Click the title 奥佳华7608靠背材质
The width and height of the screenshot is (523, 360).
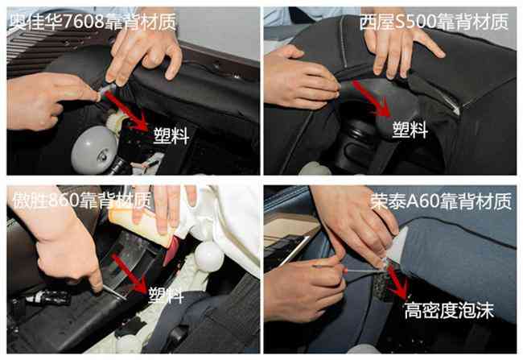pos(93,23)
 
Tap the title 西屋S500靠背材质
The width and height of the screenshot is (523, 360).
pos(434,22)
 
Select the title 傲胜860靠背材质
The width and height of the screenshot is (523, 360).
pos(82,201)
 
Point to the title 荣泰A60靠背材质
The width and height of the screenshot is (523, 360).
pos(441,201)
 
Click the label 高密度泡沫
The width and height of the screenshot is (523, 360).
pos(449,311)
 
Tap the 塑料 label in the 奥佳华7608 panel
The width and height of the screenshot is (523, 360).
pos(171,135)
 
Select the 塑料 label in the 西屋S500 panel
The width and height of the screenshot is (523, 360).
pos(410,130)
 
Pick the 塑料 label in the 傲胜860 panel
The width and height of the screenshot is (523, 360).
pos(166,296)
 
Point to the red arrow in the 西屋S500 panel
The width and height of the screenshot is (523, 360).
pos(373,98)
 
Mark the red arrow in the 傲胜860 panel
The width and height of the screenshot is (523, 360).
pos(130,273)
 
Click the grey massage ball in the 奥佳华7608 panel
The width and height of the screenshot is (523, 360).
pos(94,149)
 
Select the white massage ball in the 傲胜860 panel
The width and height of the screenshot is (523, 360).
pos(209,256)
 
